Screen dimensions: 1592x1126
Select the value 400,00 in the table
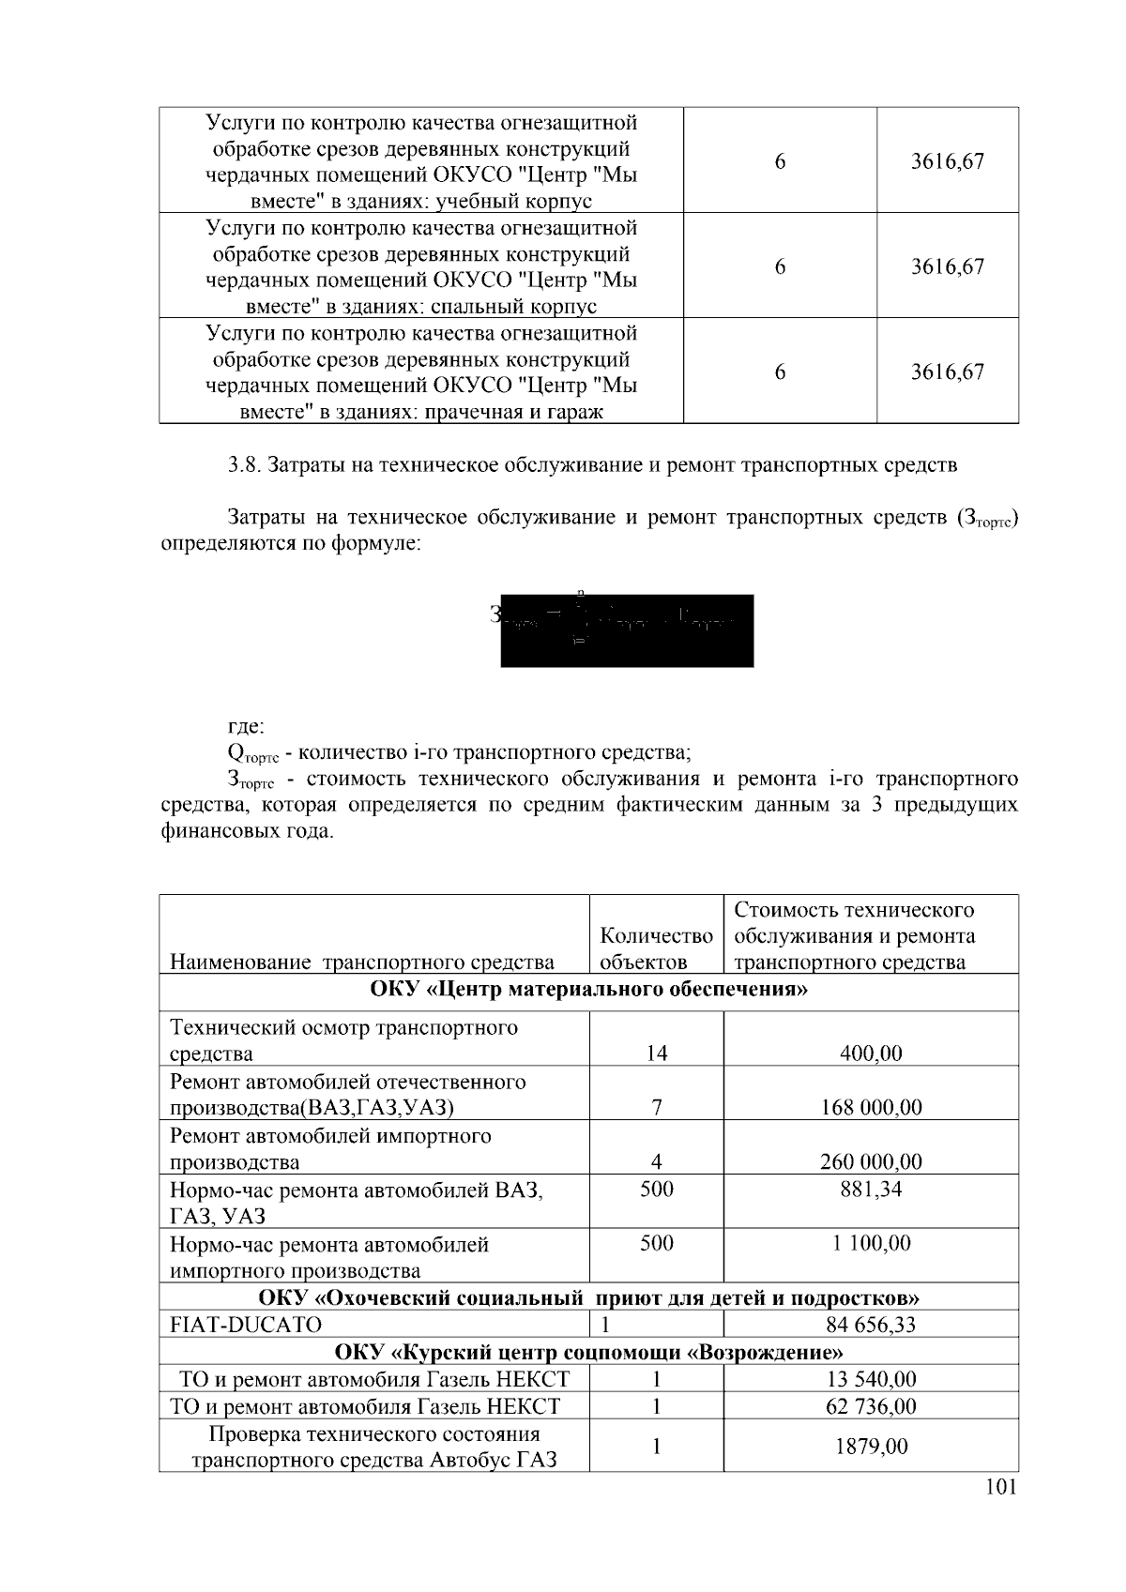[870, 1054]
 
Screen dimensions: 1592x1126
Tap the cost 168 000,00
[870, 1108]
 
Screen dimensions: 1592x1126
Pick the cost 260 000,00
[870, 1162]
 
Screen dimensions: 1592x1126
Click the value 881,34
[870, 1190]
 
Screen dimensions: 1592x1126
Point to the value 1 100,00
[870, 1244]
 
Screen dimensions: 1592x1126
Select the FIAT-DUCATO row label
[245, 1325]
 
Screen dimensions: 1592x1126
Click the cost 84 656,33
[870, 1325]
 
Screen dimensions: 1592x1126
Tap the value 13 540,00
[870, 1379]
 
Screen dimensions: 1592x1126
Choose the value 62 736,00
[870, 1406]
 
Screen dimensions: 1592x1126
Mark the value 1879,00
[870, 1447]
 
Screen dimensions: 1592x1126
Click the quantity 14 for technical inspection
[656, 1054]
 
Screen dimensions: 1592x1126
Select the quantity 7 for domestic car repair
[656, 1108]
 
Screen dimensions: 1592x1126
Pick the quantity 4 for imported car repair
[656, 1162]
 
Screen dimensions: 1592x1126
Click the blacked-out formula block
[627, 630]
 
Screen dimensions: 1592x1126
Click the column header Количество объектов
[656, 948]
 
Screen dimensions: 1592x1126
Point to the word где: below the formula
[246, 726]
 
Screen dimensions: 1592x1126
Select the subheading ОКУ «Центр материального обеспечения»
[588, 990]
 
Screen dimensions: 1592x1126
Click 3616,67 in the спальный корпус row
[947, 266]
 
